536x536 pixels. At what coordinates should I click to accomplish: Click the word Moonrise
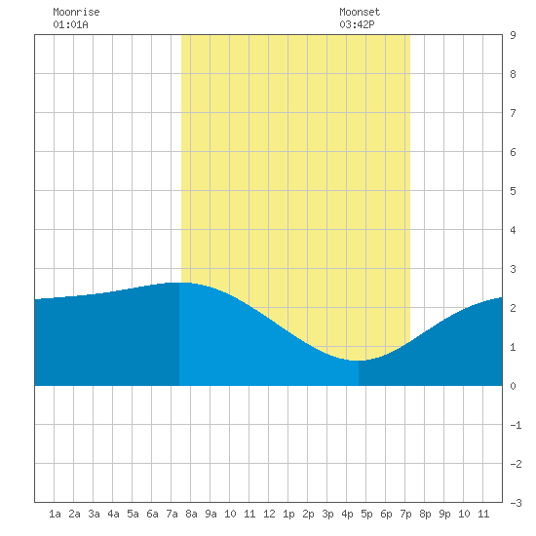point(76,12)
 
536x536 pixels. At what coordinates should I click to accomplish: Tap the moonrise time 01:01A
point(70,24)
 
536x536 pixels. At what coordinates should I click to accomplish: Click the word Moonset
point(360,12)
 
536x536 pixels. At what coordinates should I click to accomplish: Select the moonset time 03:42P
point(357,24)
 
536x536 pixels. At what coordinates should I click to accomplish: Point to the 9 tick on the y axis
point(513,35)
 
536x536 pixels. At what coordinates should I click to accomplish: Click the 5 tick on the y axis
point(513,191)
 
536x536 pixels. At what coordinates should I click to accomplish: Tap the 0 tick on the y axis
point(513,386)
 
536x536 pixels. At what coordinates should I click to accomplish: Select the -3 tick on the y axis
point(516,503)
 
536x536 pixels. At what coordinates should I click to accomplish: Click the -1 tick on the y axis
point(516,425)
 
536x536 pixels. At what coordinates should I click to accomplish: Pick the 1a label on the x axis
point(55,514)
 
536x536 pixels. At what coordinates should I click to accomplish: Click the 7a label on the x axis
point(172,514)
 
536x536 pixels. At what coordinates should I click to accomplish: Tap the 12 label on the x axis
point(269,514)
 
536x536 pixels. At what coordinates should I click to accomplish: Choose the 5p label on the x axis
point(366,514)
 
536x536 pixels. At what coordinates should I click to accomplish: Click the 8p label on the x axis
point(425,514)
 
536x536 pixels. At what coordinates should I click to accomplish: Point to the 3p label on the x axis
point(327,514)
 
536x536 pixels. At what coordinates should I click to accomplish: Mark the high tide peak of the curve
point(179,283)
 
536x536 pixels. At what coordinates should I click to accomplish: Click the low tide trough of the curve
point(358,361)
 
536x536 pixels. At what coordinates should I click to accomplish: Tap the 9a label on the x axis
point(211,514)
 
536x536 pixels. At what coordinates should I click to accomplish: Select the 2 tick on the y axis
point(513,308)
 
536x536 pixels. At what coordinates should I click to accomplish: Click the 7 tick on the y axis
point(513,113)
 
